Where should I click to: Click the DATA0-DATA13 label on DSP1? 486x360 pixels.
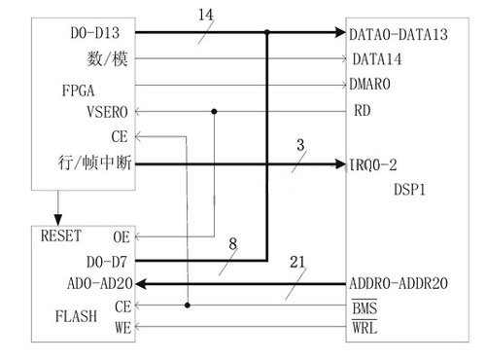399,34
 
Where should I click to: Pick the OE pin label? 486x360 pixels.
121,236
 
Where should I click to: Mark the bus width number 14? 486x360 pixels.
204,16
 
